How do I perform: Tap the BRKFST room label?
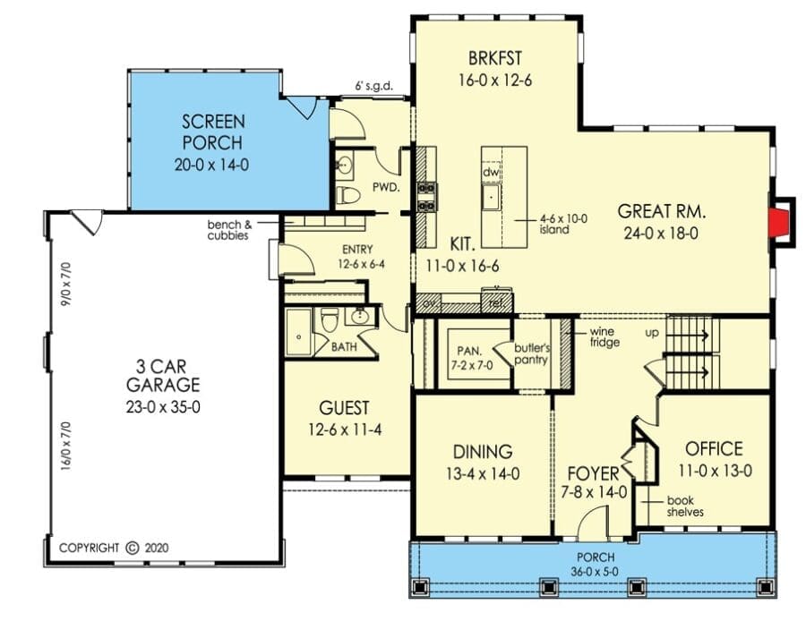(x=495, y=58)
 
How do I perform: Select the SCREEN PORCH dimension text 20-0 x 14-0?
(x=211, y=165)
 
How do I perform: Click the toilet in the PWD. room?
(x=347, y=196)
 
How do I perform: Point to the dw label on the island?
(x=491, y=172)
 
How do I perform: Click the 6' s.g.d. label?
(x=373, y=86)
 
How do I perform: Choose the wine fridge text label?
(x=604, y=337)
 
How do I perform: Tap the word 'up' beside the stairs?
(x=652, y=334)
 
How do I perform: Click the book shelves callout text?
(x=685, y=506)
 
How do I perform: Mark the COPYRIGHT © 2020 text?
(x=114, y=548)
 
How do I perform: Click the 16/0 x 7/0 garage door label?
(x=65, y=446)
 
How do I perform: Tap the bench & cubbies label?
(x=230, y=230)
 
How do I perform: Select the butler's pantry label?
(x=531, y=354)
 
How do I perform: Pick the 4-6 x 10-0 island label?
(x=563, y=224)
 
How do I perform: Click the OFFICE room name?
(x=714, y=449)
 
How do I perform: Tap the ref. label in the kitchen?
(x=497, y=303)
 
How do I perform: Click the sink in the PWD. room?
(x=345, y=166)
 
